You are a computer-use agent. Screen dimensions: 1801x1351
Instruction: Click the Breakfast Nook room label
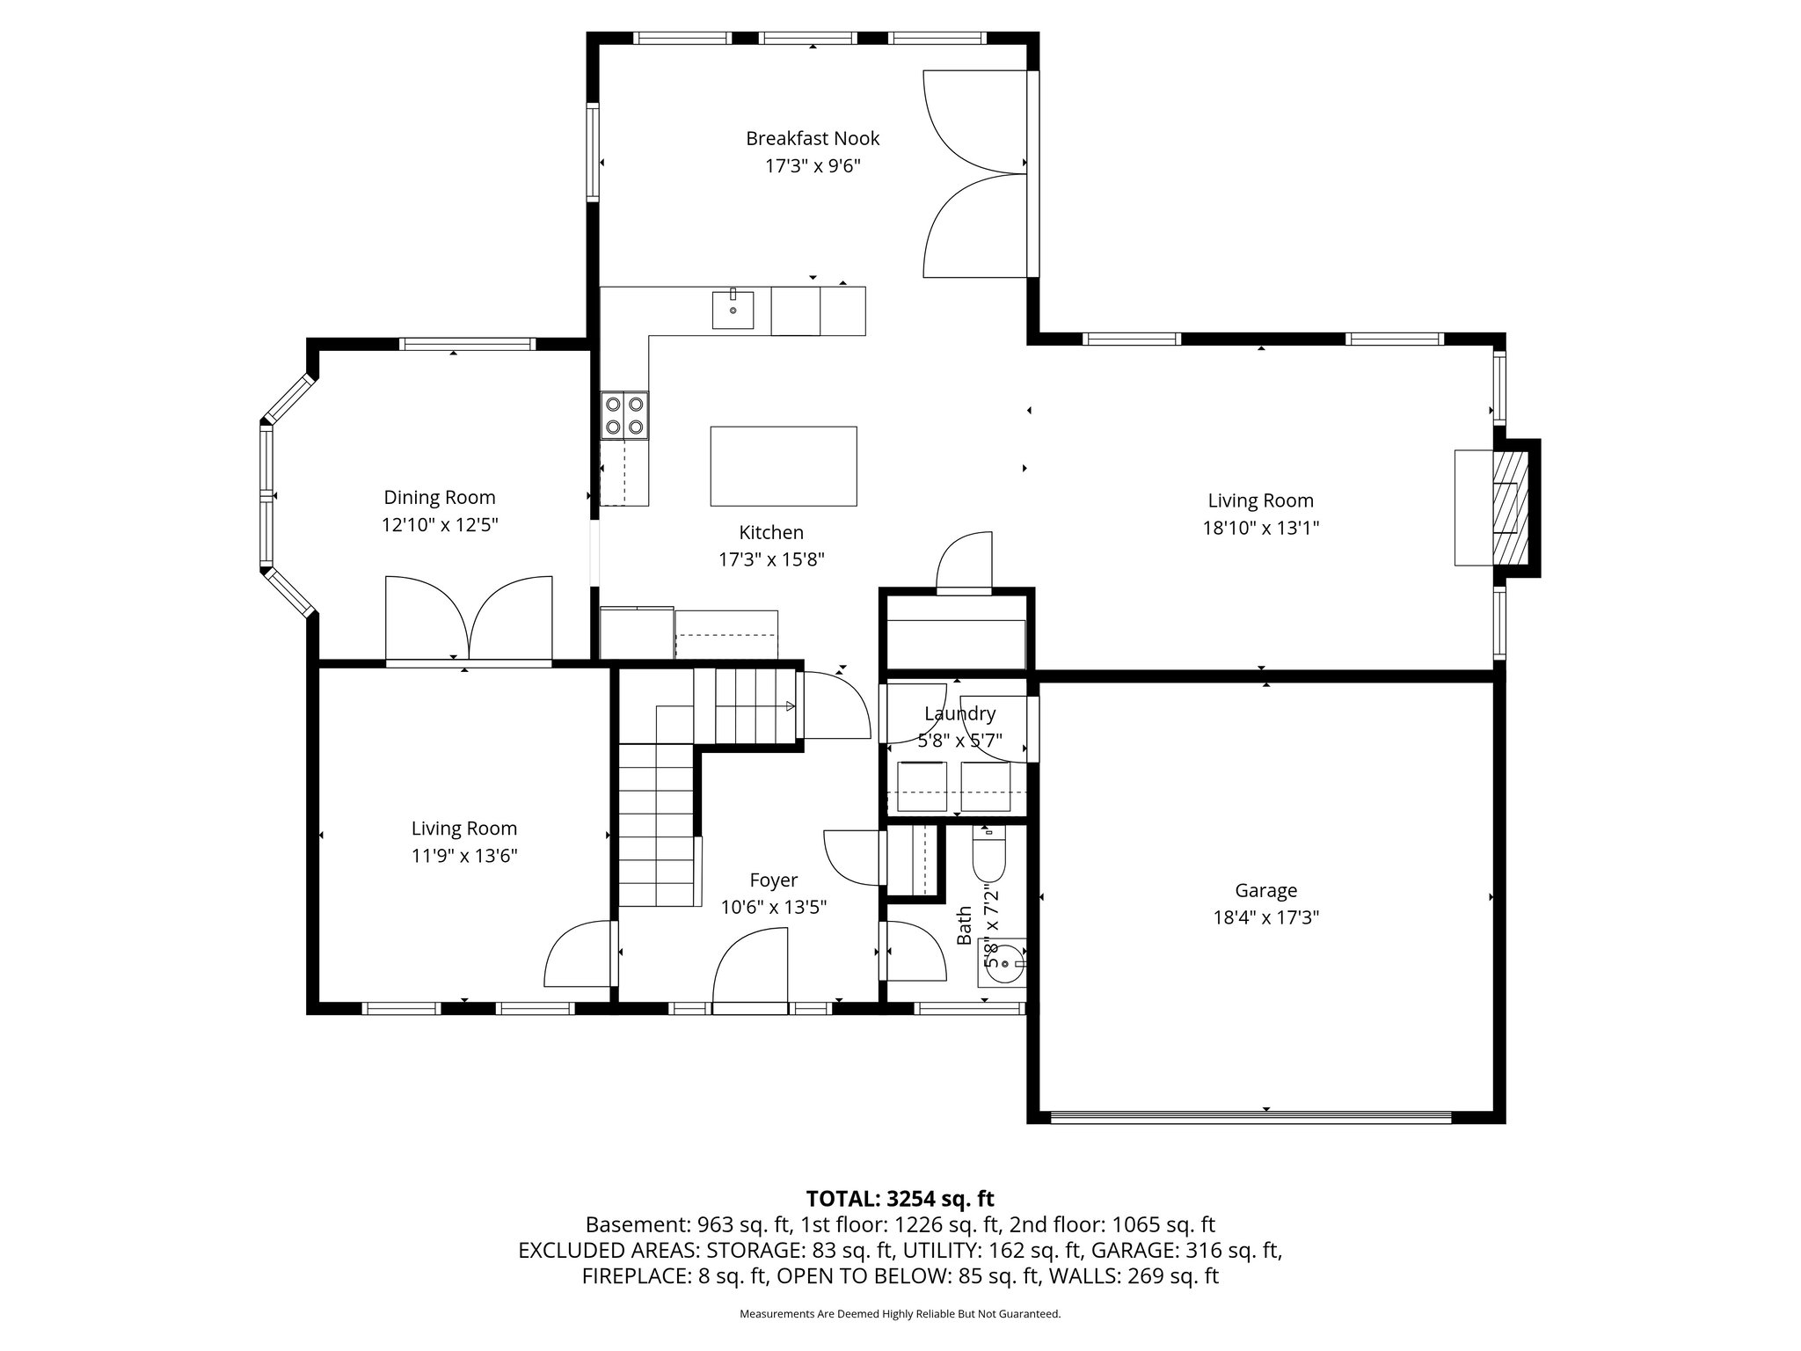[x=813, y=138]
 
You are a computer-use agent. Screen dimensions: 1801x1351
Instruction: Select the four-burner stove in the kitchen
[x=624, y=415]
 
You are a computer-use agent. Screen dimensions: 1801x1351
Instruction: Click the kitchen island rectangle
[x=784, y=466]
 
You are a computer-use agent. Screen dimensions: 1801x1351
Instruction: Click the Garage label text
[x=1265, y=890]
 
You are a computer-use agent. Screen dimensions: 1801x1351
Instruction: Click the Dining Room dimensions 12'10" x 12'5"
[x=440, y=525]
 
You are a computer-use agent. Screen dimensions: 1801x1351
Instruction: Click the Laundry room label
[x=959, y=713]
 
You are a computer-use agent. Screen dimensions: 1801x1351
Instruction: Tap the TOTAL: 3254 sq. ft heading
[x=900, y=1198]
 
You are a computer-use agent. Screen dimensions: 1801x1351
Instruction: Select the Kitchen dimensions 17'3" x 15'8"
[x=771, y=559]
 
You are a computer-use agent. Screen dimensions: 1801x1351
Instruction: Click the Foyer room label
[x=774, y=880]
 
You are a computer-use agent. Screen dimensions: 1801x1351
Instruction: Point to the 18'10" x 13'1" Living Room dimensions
[x=1261, y=528]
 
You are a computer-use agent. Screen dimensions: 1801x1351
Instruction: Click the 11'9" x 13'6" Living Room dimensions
[x=464, y=856]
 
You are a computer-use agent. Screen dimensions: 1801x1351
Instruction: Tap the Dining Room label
[x=440, y=497]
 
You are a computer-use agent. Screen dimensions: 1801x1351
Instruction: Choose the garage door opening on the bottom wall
[x=1250, y=1117]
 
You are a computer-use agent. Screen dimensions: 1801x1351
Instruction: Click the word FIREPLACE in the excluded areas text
[x=634, y=1276]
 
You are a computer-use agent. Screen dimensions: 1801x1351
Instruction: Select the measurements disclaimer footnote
[x=900, y=1314]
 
